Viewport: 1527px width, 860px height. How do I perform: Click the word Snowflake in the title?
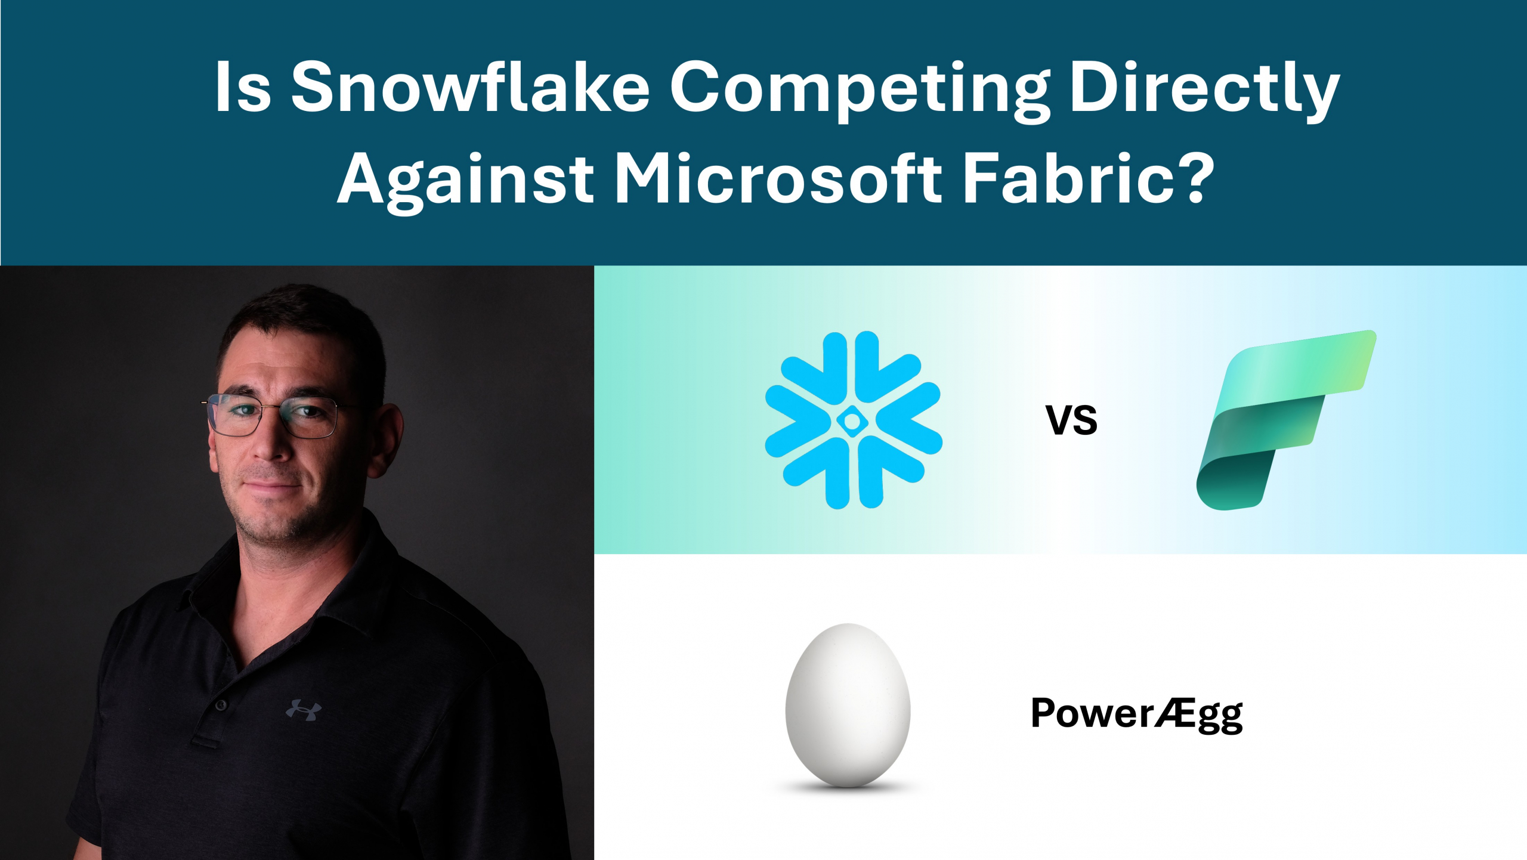click(x=470, y=86)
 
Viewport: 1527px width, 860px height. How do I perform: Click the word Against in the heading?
click(x=466, y=179)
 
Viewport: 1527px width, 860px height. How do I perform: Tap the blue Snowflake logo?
click(x=853, y=420)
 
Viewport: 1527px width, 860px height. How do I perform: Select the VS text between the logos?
click(x=1071, y=420)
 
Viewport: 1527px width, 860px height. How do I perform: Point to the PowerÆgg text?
click(x=1137, y=713)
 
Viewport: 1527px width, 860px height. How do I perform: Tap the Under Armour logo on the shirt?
click(x=304, y=710)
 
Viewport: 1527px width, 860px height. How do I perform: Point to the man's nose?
click(x=271, y=441)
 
